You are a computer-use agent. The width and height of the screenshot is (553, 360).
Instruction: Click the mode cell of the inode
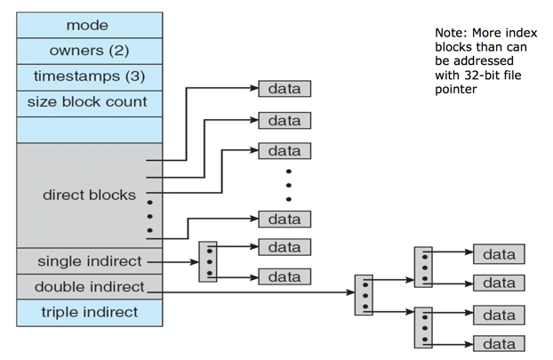pos(89,26)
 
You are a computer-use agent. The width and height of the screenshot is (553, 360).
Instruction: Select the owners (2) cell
pos(89,51)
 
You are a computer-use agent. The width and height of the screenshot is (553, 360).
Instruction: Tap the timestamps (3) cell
pos(89,76)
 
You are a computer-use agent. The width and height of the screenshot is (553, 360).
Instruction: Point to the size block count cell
pos(89,102)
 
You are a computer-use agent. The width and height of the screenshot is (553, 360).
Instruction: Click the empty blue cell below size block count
pos(89,130)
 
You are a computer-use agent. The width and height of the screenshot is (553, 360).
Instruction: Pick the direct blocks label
pos(89,194)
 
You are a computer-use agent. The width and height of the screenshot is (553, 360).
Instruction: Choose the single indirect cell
pos(89,261)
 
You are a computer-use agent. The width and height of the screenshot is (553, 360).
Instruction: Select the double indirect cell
pos(89,287)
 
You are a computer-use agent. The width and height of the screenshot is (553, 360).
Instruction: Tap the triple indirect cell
pos(89,312)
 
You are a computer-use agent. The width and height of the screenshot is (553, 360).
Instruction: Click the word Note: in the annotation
pos(451,33)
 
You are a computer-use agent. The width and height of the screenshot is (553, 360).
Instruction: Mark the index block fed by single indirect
pos(207,261)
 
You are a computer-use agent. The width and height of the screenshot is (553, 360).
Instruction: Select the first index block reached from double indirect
pos(363,294)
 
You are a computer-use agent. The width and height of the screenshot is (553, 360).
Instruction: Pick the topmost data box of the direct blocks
pos(285,89)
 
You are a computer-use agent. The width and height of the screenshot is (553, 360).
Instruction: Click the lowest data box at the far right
pos(499,343)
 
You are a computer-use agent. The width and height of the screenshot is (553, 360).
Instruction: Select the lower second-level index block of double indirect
pos(423,327)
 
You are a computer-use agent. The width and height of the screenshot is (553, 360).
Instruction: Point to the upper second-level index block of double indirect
pos(423,267)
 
